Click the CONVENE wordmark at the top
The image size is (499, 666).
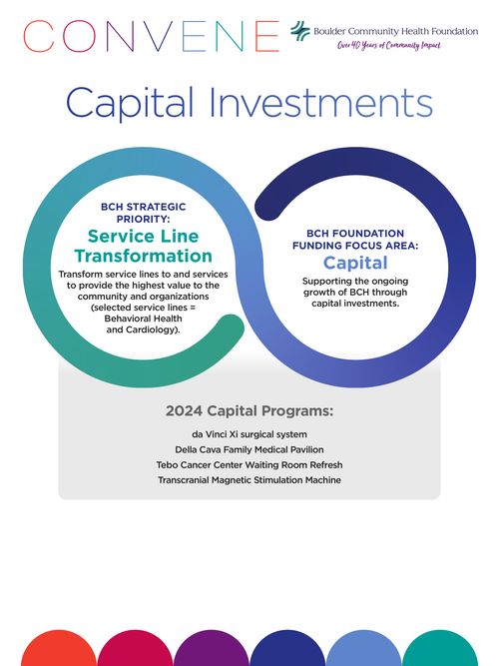tap(151, 37)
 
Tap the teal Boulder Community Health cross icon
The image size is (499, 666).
tap(300, 31)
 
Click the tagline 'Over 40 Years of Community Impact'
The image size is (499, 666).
tap(389, 46)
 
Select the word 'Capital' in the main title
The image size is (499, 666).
tap(130, 103)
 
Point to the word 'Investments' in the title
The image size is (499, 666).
tap(321, 103)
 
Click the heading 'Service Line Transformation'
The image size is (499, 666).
tap(143, 246)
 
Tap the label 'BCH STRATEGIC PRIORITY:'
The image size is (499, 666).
tap(143, 213)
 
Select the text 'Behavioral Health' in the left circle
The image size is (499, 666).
tap(143, 319)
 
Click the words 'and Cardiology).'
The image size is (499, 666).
tap(143, 330)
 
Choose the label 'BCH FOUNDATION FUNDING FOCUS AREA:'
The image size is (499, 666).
tap(355, 240)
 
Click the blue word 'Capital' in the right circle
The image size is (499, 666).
tap(355, 264)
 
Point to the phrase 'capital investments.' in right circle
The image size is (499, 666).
tap(355, 304)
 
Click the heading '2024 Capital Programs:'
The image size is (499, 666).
tap(249, 410)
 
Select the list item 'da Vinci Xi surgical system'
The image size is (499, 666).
tap(249, 434)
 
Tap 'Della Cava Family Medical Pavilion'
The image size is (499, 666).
tap(249, 449)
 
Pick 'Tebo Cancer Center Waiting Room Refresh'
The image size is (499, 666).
tap(249, 465)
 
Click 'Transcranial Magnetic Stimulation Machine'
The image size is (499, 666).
tap(249, 480)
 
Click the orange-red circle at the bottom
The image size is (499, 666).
tap(59, 649)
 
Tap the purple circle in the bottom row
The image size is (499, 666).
tap(211, 649)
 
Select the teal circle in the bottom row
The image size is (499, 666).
tap(440, 649)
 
